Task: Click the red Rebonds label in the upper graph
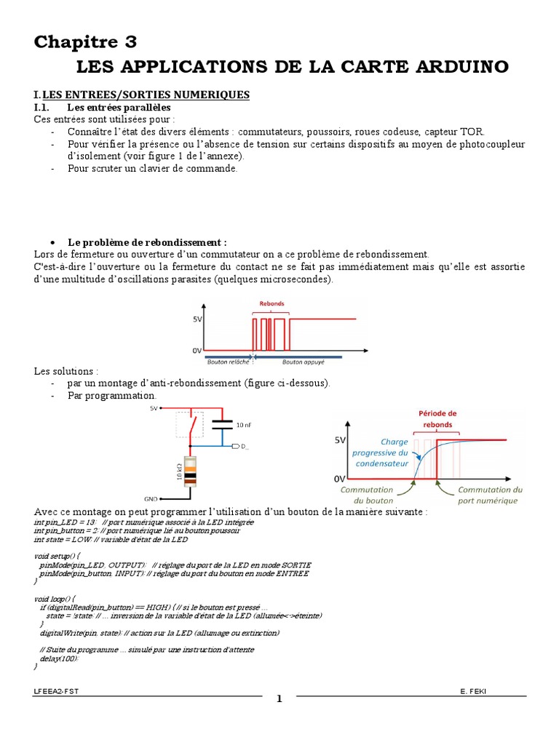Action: coord(272,304)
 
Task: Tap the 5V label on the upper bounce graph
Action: coord(197,319)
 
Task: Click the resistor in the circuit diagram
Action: coord(190,471)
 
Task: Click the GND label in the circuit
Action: coord(151,499)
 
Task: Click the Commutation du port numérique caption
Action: coord(490,495)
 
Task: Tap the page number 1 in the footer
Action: coord(278,700)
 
